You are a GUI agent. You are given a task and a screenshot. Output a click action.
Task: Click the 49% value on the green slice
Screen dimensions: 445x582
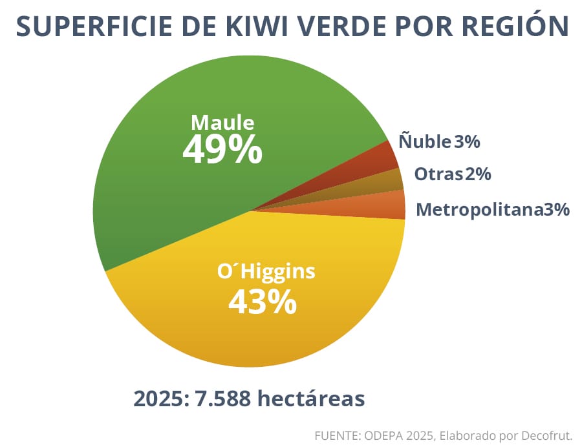[222, 150]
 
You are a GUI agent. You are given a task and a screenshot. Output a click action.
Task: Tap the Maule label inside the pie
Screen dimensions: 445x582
[222, 123]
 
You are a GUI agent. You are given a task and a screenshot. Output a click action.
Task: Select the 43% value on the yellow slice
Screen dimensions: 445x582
[262, 302]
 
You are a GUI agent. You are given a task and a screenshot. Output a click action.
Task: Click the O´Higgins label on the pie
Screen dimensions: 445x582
[266, 271]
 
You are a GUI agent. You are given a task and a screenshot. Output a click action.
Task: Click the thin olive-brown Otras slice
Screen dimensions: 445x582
[388, 181]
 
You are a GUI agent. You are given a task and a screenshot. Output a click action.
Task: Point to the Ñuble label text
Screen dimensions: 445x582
[424, 141]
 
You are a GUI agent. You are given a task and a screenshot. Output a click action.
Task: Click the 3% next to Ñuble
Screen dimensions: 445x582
[466, 141]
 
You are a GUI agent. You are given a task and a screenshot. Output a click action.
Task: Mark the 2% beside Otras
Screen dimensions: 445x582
[477, 174]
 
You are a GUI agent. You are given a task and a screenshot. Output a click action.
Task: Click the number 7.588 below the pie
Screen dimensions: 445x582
[223, 398]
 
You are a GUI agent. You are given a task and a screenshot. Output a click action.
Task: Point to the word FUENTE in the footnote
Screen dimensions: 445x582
[336, 435]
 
